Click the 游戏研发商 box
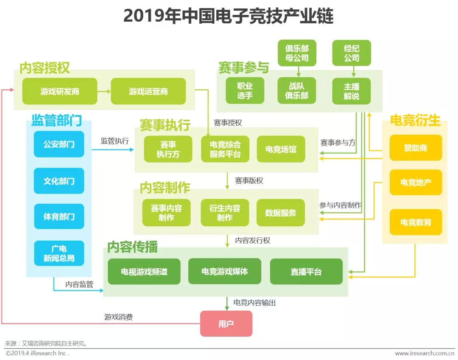[x=60, y=91]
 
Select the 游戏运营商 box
[x=148, y=91]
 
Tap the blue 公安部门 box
[x=59, y=144]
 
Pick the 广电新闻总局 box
[x=59, y=253]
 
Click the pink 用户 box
[x=226, y=324]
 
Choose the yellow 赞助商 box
[x=416, y=148]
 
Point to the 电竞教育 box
[x=416, y=222]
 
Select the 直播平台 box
[x=306, y=272]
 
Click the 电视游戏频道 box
[x=144, y=272]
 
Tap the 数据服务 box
[x=281, y=213]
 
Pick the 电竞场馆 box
[x=281, y=149]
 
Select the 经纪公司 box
[x=352, y=53]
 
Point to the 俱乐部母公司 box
[x=297, y=53]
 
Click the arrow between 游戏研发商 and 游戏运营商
[x=104, y=91]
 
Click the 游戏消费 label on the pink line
[x=119, y=317]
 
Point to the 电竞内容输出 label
[x=254, y=303]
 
